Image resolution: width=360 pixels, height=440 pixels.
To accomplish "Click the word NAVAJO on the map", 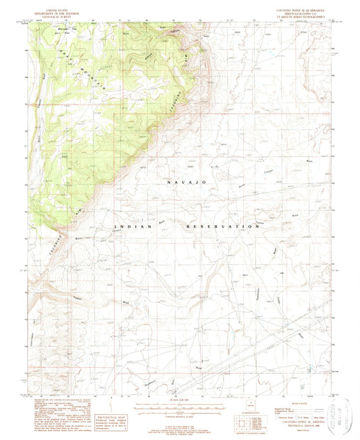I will [178, 182].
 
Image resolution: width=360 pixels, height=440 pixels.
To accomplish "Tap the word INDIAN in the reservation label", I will [128, 226].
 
